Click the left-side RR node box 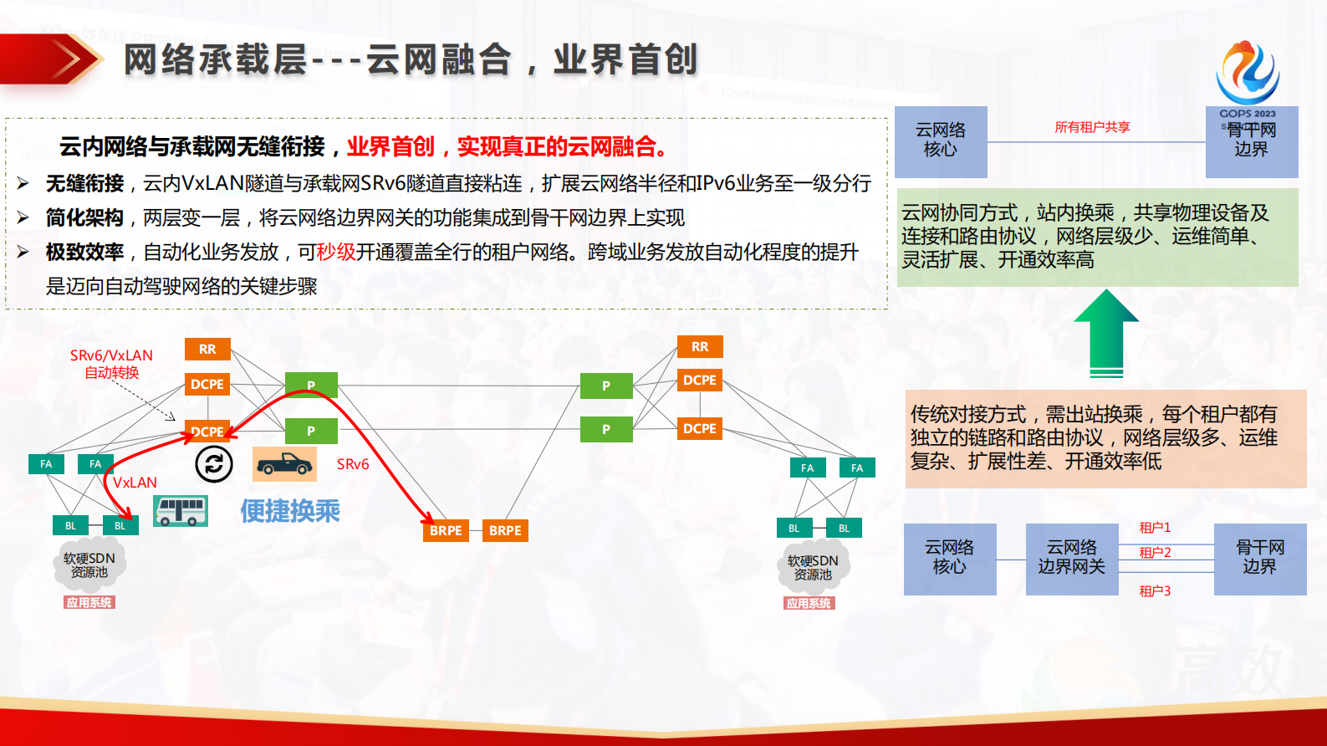(207, 349)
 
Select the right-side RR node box (700, 346)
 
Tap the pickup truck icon (284, 464)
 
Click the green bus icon (181, 511)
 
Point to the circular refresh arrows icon (214, 464)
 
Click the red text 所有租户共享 (1092, 127)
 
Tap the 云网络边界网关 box (1072, 558)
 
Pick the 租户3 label (1155, 590)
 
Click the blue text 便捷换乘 (290, 511)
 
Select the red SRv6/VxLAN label (111, 363)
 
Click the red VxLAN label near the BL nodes (135, 483)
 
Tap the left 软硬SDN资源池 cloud (89, 565)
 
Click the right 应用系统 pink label (809, 603)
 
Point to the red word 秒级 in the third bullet (336, 252)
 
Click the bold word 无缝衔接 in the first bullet (84, 183)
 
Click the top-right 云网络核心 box (941, 141)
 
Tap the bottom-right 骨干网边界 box (1259, 558)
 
